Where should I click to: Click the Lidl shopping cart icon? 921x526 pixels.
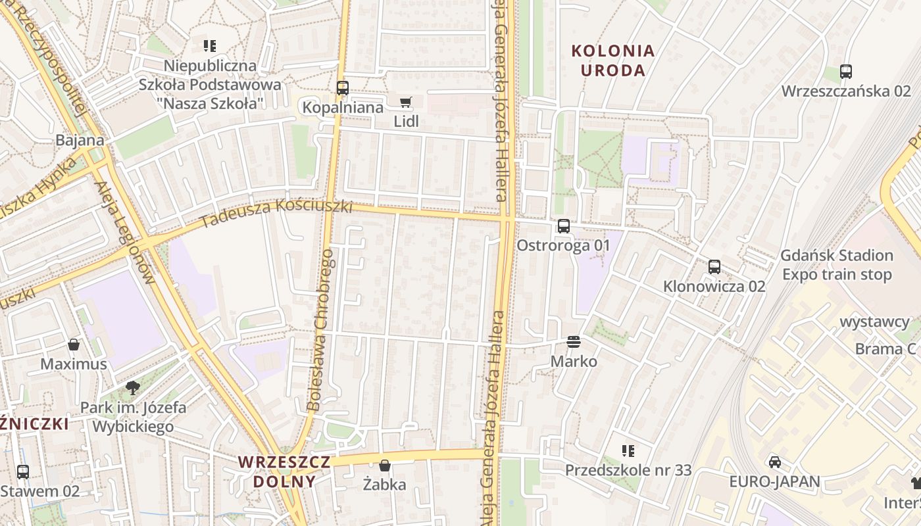(x=405, y=102)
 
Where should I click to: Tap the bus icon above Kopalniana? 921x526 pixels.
(x=342, y=87)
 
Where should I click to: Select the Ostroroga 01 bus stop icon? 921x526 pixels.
(x=564, y=226)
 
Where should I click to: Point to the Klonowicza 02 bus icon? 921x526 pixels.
(x=714, y=267)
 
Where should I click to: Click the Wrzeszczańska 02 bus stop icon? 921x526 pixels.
(x=846, y=72)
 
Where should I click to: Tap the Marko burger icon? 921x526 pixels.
(x=574, y=342)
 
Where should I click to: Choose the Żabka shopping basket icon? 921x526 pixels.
(x=385, y=466)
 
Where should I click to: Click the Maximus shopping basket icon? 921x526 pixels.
(x=74, y=345)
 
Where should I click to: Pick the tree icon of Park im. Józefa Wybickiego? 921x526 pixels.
(x=133, y=387)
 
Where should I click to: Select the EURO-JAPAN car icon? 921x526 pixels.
(x=775, y=462)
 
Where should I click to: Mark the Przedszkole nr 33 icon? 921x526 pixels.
(x=628, y=450)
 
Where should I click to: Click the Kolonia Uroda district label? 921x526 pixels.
(x=613, y=60)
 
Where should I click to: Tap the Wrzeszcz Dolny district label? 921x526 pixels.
(x=284, y=471)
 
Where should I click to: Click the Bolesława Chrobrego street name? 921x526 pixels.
(x=322, y=329)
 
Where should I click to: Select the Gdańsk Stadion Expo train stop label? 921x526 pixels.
(x=837, y=265)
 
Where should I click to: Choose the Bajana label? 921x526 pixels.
(x=80, y=140)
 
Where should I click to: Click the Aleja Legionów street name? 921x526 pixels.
(x=125, y=233)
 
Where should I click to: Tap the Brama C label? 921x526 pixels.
(x=887, y=348)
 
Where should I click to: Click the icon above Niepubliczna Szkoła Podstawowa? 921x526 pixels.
(x=209, y=46)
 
